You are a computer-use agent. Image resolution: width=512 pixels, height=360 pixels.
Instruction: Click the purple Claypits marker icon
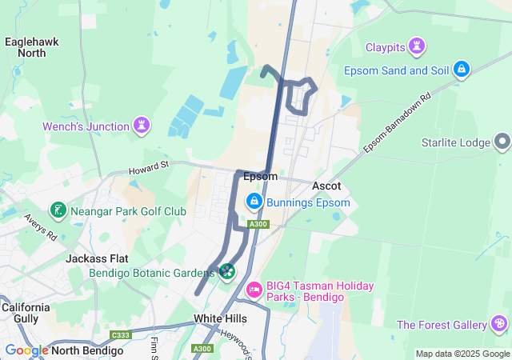(x=416, y=46)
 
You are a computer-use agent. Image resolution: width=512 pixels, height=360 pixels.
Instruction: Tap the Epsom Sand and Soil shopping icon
(x=461, y=70)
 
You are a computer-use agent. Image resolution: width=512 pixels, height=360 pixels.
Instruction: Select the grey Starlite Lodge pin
(x=502, y=142)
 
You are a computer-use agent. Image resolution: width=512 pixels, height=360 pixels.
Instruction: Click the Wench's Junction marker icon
(x=142, y=126)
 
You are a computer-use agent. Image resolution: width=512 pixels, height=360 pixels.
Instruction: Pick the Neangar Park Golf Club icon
(x=58, y=211)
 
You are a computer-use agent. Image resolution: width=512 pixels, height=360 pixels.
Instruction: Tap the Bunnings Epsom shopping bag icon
(x=254, y=202)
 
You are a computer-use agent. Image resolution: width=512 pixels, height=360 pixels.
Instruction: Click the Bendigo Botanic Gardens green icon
(x=227, y=273)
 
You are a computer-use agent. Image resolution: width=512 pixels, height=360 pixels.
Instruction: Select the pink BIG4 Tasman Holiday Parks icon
(x=254, y=290)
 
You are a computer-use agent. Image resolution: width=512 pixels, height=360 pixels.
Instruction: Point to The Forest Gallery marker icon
(x=500, y=324)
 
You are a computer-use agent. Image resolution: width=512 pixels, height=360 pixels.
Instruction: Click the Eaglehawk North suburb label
(x=30, y=46)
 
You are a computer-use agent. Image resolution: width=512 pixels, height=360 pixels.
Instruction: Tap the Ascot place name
(x=326, y=186)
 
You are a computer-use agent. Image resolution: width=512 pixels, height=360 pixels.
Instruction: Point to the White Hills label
(x=220, y=318)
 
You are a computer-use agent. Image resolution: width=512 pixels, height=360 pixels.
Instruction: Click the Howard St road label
(x=150, y=167)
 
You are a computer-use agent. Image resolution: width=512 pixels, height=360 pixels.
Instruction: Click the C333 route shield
(x=121, y=335)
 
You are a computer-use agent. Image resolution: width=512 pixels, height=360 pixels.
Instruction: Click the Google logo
(x=26, y=350)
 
